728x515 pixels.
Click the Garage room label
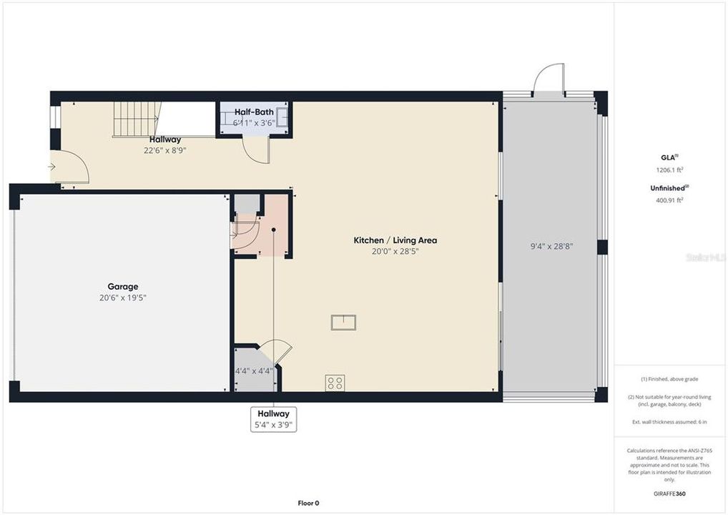[x=123, y=286]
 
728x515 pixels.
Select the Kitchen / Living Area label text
[x=395, y=240]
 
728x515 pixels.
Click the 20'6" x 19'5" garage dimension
[x=123, y=298]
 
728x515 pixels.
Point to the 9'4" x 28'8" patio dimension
[x=551, y=246]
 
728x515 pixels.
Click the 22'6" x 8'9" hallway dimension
[x=165, y=150]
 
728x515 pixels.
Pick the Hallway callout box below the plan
[x=273, y=419]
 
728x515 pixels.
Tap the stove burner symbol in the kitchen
[x=335, y=383]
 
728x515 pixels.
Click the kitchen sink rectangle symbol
[x=343, y=322]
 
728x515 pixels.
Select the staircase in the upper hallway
[x=136, y=119]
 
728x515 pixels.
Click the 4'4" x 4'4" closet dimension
[x=255, y=371]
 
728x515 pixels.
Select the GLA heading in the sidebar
[x=669, y=157]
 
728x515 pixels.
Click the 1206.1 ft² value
[x=669, y=170]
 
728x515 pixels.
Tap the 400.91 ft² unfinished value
[x=669, y=200]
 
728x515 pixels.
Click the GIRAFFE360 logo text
[x=669, y=494]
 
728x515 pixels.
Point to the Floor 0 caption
[x=309, y=503]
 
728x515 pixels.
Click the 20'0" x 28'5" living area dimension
[x=395, y=251]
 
